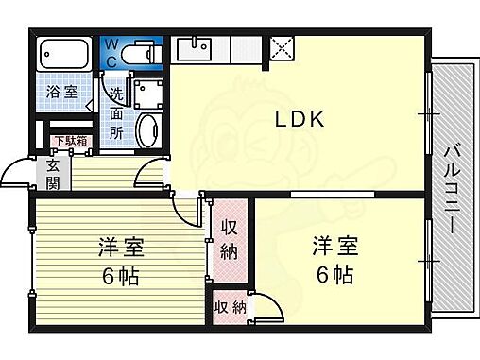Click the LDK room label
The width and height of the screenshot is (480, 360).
[x=300, y=119]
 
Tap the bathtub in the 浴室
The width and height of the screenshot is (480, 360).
[x=64, y=54]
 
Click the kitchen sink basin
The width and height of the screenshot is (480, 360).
[x=194, y=49]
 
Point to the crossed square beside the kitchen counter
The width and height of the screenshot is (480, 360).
[x=282, y=48]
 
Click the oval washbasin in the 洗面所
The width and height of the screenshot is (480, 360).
[x=149, y=130]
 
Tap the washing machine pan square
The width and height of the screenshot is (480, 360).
[x=148, y=94]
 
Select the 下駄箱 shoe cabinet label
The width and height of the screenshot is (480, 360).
[x=71, y=141]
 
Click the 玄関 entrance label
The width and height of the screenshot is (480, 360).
[x=53, y=175]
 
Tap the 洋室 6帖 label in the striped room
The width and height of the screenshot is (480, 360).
[x=121, y=262]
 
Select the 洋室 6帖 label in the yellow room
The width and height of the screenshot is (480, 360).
[x=334, y=260]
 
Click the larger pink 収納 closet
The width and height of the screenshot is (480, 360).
[x=230, y=241]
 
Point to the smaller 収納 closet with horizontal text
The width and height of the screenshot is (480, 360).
[x=231, y=307]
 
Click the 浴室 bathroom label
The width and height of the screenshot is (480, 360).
[x=62, y=93]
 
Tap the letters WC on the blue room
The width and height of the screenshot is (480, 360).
[x=111, y=54]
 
